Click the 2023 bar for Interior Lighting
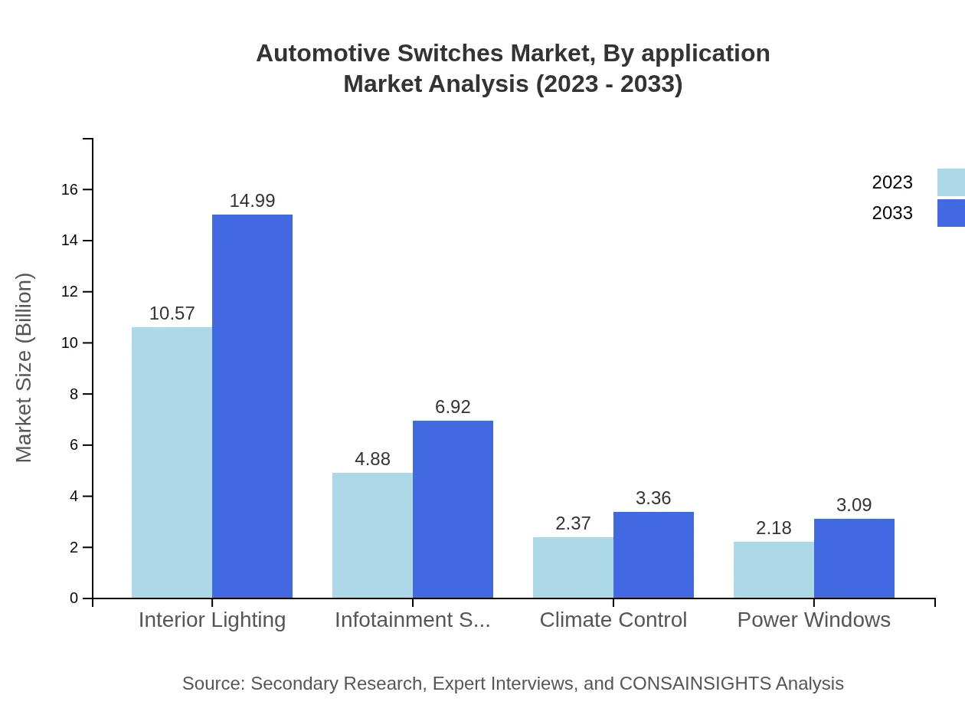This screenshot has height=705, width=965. click(172, 462)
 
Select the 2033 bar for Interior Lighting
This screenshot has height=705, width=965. click(252, 406)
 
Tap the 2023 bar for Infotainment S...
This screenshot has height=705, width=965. click(372, 535)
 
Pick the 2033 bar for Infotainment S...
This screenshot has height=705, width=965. click(453, 509)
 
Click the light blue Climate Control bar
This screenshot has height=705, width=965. click(573, 567)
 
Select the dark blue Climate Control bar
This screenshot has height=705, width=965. click(653, 555)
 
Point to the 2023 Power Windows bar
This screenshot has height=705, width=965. click(774, 569)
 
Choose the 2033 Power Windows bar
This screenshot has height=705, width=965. click(854, 558)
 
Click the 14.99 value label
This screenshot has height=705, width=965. click(252, 201)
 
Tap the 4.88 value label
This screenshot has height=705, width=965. click(372, 459)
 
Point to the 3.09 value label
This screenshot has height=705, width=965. click(854, 505)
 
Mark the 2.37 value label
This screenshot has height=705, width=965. click(573, 523)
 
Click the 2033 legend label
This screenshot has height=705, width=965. click(892, 213)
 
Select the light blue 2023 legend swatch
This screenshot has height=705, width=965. click(950, 182)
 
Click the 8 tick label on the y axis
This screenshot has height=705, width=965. click(74, 394)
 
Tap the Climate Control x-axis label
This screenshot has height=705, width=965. click(613, 620)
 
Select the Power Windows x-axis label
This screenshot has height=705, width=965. click(813, 620)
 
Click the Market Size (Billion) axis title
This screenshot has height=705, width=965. click(25, 368)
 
